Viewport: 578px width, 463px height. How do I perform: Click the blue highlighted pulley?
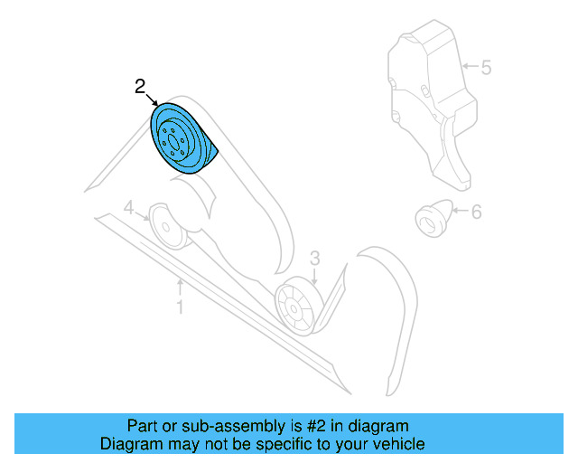pos(182,137)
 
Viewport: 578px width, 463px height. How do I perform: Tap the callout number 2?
pos(140,88)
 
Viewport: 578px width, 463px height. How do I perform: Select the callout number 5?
pos(485,66)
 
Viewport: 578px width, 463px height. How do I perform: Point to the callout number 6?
pos(476,213)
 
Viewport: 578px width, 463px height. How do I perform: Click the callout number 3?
pos(314,259)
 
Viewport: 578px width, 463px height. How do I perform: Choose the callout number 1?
pos(180,308)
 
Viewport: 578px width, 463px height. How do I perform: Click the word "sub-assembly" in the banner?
pos(207,426)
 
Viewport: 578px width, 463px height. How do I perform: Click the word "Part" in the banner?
pos(143,426)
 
